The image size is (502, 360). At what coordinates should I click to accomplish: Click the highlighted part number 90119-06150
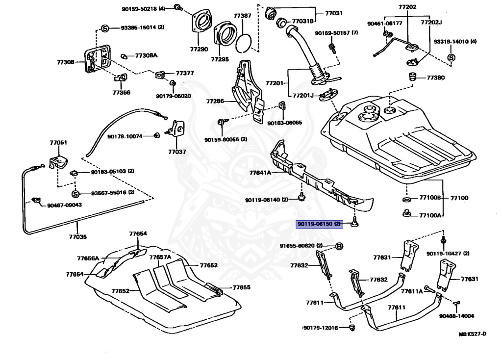[x=315, y=224]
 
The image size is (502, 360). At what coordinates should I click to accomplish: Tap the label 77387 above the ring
[x=242, y=16]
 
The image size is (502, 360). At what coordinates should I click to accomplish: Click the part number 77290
[x=199, y=50]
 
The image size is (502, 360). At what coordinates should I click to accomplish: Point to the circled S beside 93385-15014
[x=105, y=28]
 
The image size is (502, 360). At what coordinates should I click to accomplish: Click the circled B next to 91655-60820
[x=339, y=246]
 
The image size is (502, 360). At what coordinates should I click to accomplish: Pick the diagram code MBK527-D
[x=472, y=334]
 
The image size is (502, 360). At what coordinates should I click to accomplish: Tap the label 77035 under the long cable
[x=77, y=237]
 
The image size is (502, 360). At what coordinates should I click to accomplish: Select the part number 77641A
[x=260, y=173]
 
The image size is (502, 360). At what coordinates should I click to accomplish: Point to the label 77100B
[x=430, y=198]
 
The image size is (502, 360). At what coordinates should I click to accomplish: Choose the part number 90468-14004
[x=456, y=316]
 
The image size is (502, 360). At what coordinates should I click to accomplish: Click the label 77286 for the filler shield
[x=215, y=102]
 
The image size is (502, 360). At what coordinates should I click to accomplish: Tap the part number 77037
[x=177, y=152]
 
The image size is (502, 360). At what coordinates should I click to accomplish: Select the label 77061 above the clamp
[x=58, y=143]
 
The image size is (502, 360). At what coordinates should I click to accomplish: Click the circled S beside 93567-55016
[x=75, y=194]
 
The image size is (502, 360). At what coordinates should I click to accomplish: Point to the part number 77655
[x=241, y=287]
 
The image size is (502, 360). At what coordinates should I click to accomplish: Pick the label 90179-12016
[x=321, y=328]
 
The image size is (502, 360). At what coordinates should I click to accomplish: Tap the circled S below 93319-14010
[x=451, y=58]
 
